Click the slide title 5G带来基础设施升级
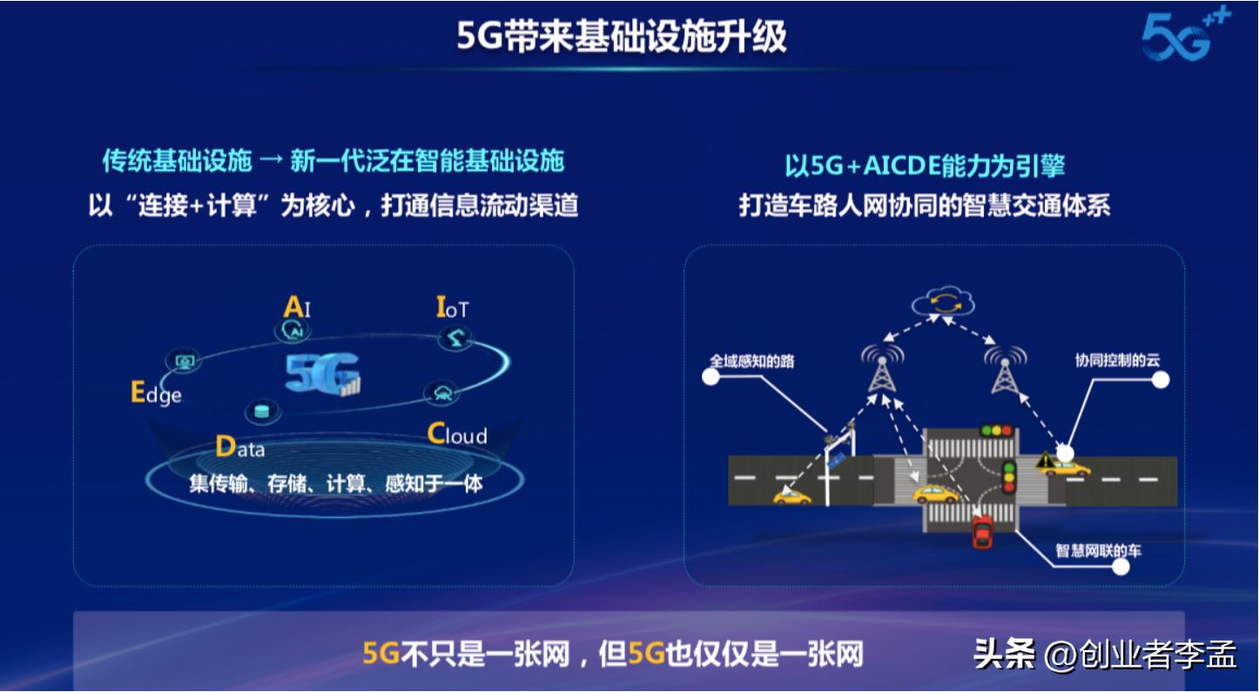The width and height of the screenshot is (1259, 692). (622, 37)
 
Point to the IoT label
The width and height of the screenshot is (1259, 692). (453, 308)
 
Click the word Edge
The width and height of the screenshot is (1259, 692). (156, 393)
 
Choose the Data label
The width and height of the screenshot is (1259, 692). (239, 448)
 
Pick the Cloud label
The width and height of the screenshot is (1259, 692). (457, 434)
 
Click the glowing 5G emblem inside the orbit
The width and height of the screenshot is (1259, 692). (321, 375)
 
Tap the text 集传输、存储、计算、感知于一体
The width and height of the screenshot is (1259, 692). (335, 483)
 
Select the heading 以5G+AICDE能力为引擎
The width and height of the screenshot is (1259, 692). (925, 165)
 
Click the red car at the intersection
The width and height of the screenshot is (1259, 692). (983, 531)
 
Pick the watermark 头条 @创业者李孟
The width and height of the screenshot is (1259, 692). (1104, 654)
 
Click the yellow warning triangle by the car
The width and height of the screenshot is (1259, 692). (1042, 460)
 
